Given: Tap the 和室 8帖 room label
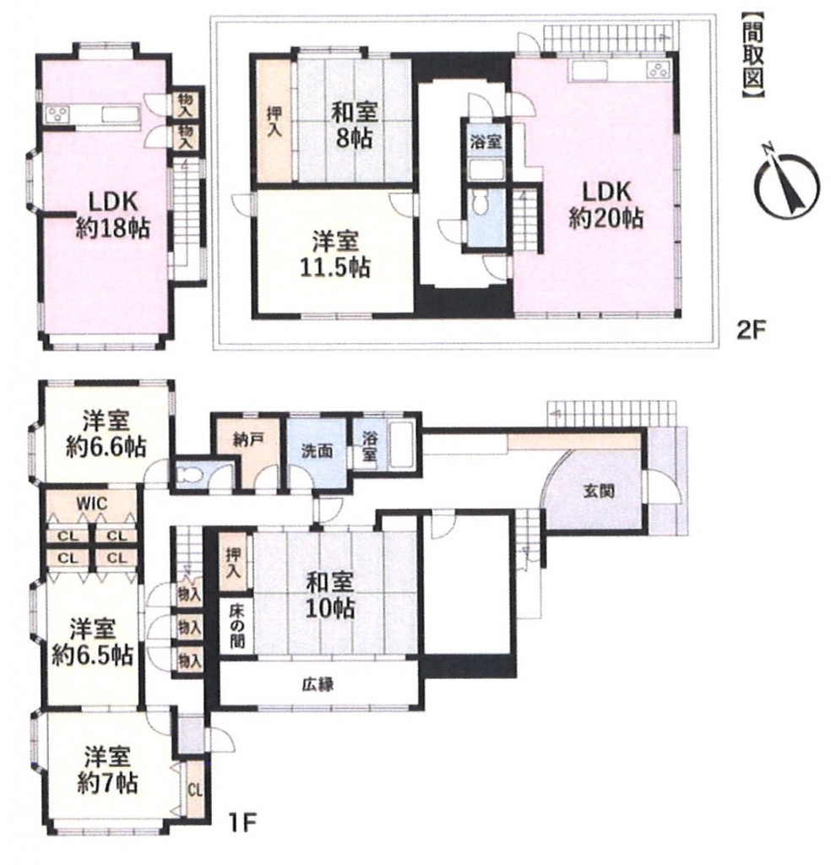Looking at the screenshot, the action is [x=354, y=126].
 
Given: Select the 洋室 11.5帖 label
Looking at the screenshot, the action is [x=335, y=254].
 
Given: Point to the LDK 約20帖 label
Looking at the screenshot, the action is [x=606, y=205].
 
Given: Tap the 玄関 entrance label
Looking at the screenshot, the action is [x=598, y=491].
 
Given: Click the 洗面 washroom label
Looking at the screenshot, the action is [x=317, y=451].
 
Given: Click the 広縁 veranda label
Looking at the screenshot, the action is [x=318, y=685].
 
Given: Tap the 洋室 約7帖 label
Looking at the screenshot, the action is [x=107, y=770].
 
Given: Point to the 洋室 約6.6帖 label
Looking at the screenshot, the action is [x=106, y=434].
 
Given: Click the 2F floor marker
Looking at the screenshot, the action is [x=751, y=331].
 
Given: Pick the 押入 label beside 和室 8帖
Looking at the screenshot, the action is [x=274, y=122].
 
